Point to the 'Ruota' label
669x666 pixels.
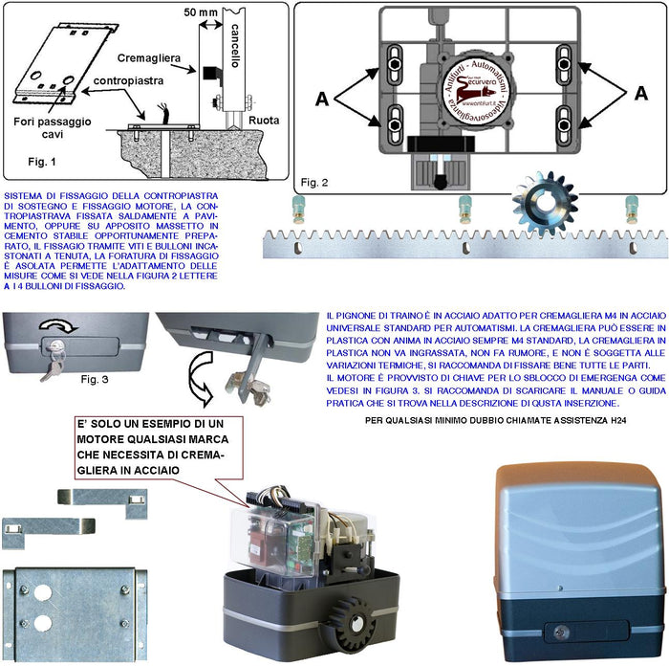[263, 122]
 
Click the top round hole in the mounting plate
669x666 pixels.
[42, 590]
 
